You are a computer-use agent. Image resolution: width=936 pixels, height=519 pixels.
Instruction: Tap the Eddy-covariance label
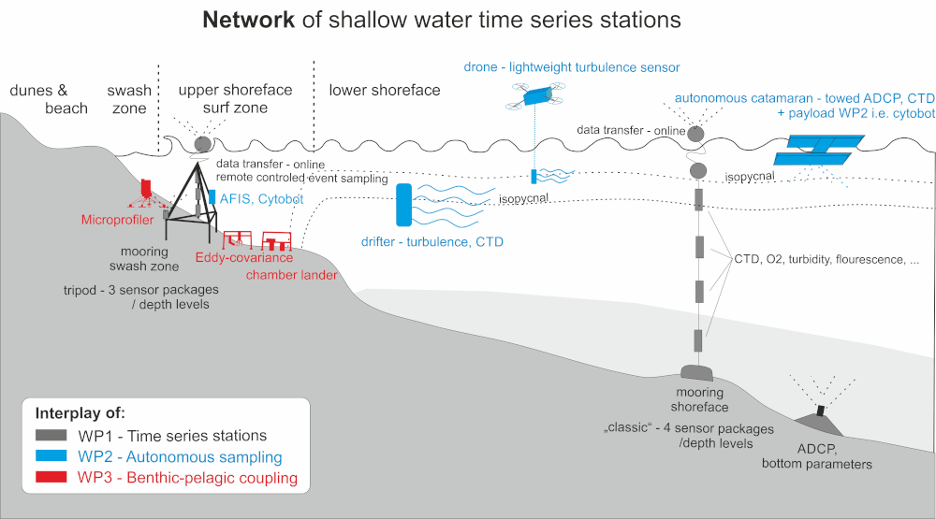(x=245, y=257)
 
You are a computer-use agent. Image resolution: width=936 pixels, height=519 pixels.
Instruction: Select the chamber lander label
(x=291, y=275)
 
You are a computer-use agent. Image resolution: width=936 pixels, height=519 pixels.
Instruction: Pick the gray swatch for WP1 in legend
(x=55, y=436)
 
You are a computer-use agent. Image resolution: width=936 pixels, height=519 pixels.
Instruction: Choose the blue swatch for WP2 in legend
(x=55, y=457)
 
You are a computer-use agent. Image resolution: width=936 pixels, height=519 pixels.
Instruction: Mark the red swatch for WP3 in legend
(x=55, y=479)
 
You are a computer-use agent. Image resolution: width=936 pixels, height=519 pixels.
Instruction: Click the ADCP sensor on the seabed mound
(x=820, y=411)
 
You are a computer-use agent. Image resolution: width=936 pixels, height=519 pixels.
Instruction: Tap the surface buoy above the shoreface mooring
(x=696, y=134)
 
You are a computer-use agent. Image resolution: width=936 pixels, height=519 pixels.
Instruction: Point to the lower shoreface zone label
(x=385, y=91)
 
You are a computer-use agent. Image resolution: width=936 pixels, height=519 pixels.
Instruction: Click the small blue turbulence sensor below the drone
(x=534, y=176)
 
